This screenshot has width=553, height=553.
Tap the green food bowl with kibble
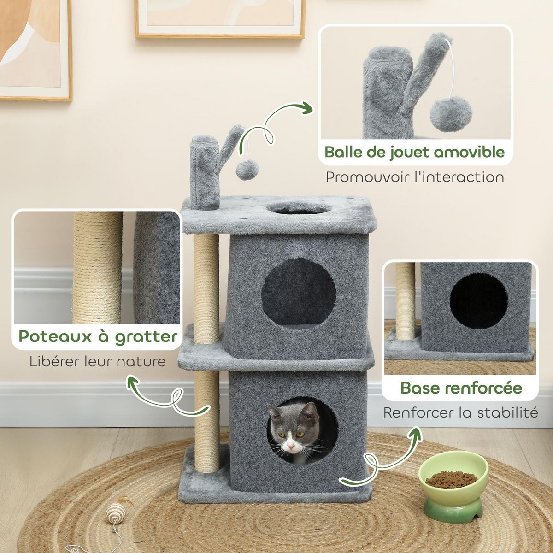pyautogui.click(x=451, y=483)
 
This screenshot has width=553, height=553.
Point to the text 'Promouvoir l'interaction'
pyautogui.click(x=415, y=177)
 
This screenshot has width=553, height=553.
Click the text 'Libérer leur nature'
pyautogui.click(x=97, y=360)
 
